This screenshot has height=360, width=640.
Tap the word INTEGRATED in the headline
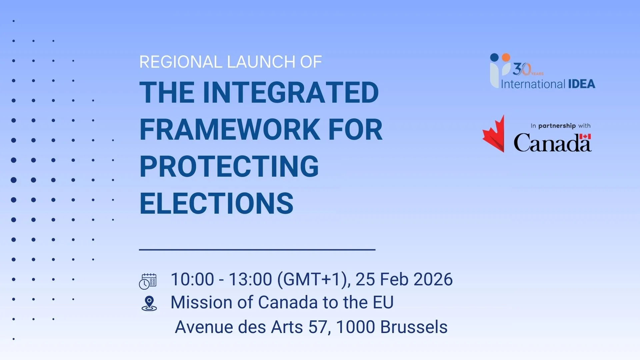coord(291,92)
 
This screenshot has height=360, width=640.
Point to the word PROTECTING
coord(229,166)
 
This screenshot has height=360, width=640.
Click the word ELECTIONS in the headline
coord(217,203)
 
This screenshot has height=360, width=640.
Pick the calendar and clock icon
coord(148,281)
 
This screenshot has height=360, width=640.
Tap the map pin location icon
coord(149,304)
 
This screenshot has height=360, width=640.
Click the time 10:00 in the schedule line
coord(192,279)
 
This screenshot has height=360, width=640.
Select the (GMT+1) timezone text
coord(313,280)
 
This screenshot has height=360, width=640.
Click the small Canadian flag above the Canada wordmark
coord(585,136)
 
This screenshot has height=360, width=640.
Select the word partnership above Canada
coord(557,126)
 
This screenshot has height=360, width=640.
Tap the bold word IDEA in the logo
coord(582,84)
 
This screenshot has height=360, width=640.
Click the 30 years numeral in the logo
coord(522,69)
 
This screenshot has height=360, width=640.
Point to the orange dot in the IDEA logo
coord(506,57)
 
